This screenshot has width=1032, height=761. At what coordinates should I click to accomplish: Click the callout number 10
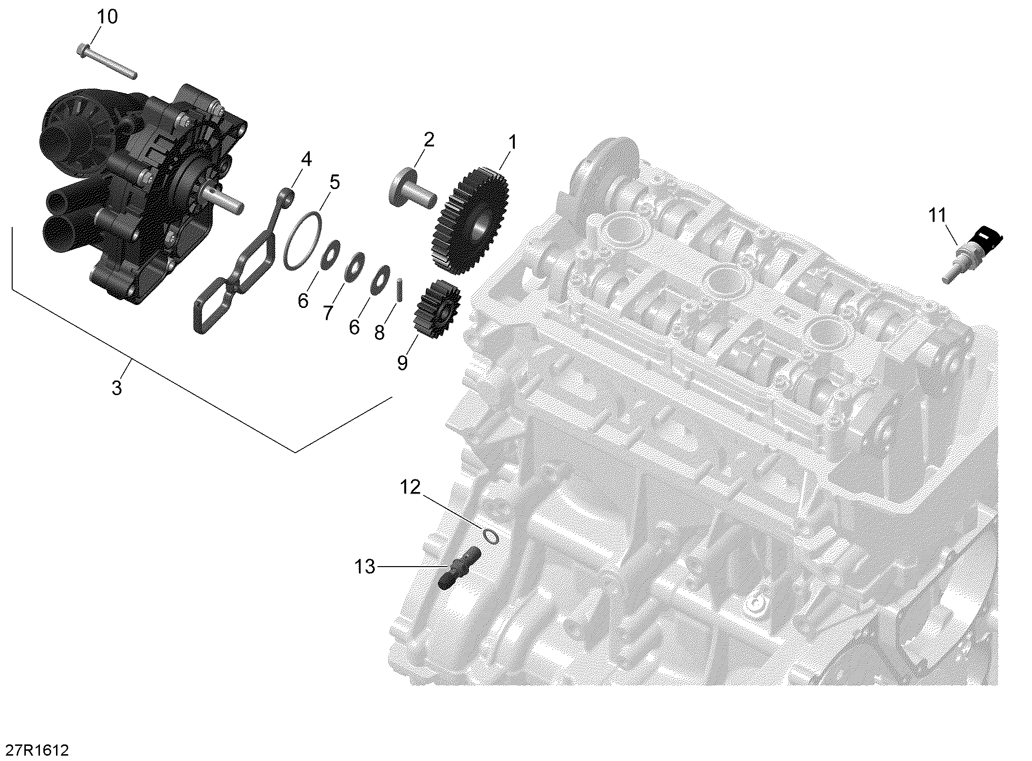click(x=107, y=17)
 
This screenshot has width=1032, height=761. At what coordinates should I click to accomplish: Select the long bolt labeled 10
click(x=107, y=62)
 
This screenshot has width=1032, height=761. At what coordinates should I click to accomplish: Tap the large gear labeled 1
click(x=470, y=220)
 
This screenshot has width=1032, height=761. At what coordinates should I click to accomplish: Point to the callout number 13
click(x=365, y=567)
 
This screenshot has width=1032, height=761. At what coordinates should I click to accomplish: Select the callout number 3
click(x=116, y=388)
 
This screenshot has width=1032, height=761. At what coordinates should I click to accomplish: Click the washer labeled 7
click(x=354, y=266)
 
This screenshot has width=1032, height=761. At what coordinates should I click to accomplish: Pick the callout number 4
click(x=306, y=159)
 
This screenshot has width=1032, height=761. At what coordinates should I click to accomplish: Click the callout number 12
click(x=410, y=487)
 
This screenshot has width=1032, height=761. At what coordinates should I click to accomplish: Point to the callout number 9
click(x=402, y=362)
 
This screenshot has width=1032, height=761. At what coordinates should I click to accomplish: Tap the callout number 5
click(x=334, y=182)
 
